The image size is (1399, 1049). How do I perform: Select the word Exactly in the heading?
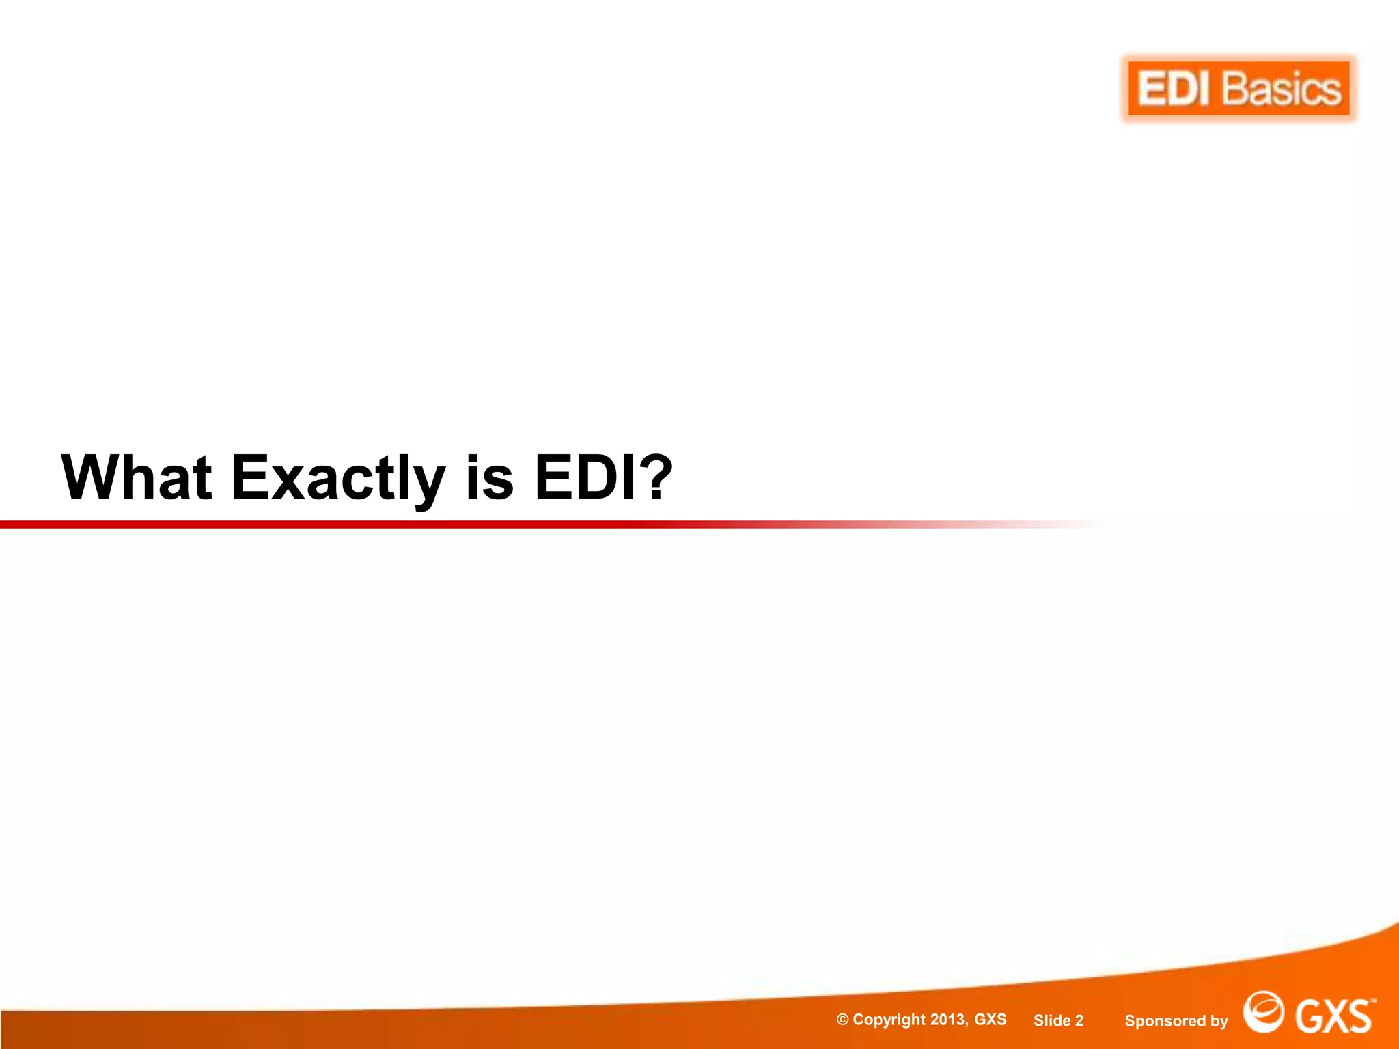click(338, 478)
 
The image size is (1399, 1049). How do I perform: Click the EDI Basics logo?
click(1238, 89)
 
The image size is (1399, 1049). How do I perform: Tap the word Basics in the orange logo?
click(1282, 89)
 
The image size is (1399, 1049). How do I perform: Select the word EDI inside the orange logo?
click(1174, 89)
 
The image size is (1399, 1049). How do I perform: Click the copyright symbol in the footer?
click(843, 1020)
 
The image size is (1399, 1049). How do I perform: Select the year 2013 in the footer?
click(948, 1020)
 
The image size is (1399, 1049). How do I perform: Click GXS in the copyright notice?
click(990, 1020)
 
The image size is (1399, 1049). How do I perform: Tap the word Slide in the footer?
click(1052, 1020)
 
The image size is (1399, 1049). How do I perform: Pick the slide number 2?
click(1079, 1020)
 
